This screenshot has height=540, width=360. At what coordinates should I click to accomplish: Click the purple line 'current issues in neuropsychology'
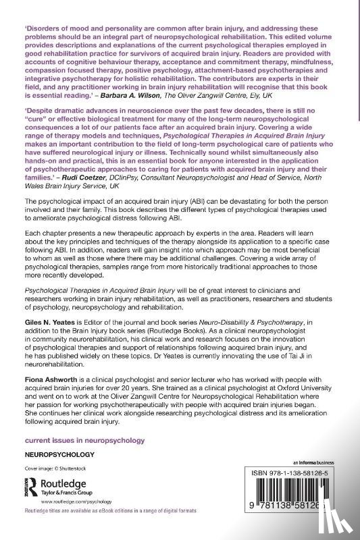tap(84, 439)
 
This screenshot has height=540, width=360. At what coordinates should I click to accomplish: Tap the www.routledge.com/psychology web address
tap(75, 503)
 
